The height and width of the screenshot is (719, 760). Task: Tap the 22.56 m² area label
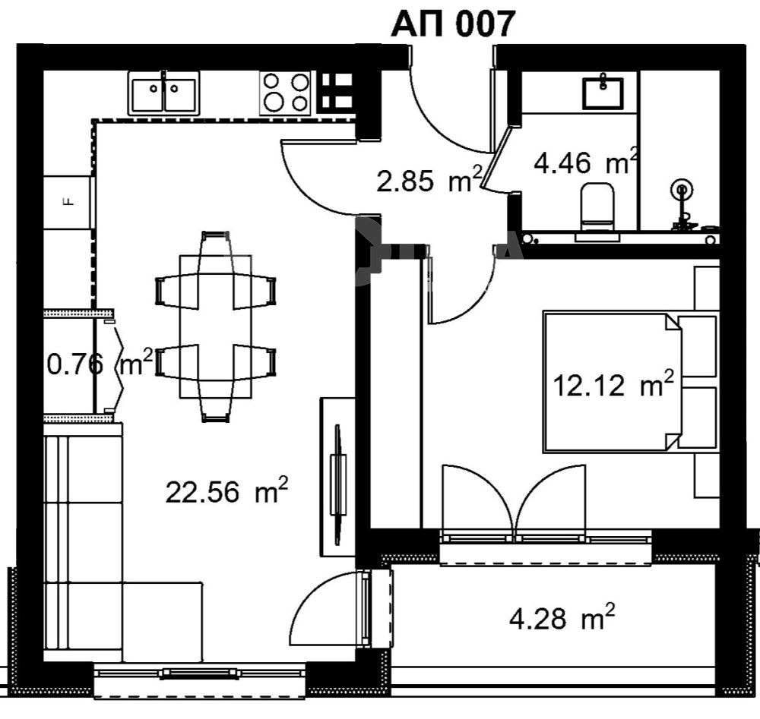pyautogui.click(x=226, y=490)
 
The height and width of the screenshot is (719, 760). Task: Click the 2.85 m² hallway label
pyautogui.click(x=429, y=180)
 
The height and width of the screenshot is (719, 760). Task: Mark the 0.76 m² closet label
pyautogui.click(x=100, y=363)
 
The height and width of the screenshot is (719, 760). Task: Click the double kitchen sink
pyautogui.click(x=164, y=93)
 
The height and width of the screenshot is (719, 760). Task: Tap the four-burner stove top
pyautogui.click(x=285, y=93)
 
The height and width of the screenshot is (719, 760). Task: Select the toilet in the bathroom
pyautogui.click(x=597, y=209)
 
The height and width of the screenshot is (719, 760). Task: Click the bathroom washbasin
pyautogui.click(x=603, y=92)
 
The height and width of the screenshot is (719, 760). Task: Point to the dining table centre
pyautogui.click(x=216, y=326)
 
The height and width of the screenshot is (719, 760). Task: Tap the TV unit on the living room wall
pyautogui.click(x=337, y=477)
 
